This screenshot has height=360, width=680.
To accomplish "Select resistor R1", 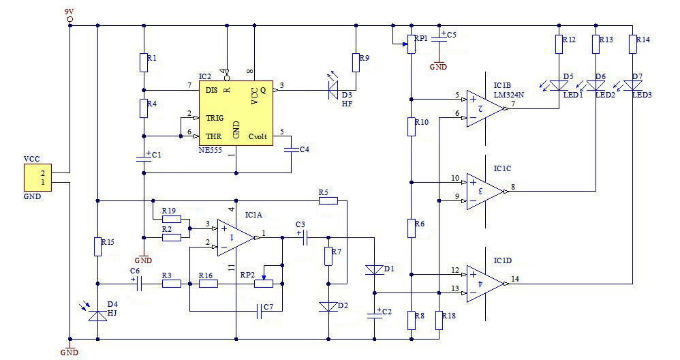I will coord(144,63).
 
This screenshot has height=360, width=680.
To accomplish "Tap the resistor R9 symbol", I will coord(355,63).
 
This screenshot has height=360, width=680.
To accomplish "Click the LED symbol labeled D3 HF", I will coord(333,88).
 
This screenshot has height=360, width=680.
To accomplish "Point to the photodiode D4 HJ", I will coord(98,314).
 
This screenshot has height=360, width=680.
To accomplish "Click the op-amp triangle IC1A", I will coord(234,237).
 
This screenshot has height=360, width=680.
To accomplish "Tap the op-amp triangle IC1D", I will coord(484,283).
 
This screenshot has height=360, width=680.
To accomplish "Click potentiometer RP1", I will coord(411,45).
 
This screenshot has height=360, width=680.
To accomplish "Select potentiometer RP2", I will coord(264,283).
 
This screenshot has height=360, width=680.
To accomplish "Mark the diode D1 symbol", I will coord(374,270).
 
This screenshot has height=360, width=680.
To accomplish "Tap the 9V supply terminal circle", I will coord(69,20).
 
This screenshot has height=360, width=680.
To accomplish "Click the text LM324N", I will coord(508,95).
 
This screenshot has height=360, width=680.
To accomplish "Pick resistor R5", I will coord(328,200).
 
